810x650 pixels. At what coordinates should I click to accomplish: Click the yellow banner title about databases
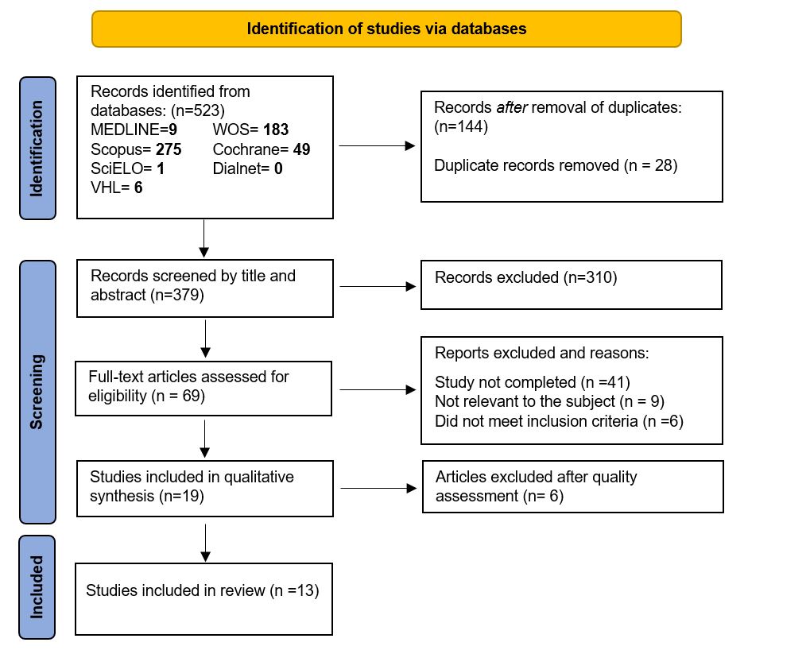click(386, 29)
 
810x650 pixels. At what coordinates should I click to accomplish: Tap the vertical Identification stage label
click(36, 148)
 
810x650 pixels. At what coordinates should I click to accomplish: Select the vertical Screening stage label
click(36, 392)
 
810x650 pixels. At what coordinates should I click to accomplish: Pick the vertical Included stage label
click(36, 587)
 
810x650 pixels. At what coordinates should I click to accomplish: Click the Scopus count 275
click(169, 149)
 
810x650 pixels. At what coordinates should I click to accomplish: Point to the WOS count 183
click(276, 130)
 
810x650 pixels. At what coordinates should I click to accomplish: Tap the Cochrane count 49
click(302, 149)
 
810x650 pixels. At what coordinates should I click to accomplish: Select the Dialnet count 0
click(278, 168)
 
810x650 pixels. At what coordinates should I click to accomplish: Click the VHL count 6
click(138, 188)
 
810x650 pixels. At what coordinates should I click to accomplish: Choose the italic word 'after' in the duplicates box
click(512, 107)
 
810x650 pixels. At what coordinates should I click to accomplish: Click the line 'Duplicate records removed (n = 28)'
click(556, 165)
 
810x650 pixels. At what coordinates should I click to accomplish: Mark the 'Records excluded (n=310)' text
click(526, 277)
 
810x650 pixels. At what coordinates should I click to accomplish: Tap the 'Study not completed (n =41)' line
click(533, 382)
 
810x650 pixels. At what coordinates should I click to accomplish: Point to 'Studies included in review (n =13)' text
click(203, 590)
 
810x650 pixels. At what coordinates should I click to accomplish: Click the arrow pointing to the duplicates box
click(377, 145)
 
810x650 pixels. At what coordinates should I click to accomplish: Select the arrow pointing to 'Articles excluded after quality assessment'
click(378, 488)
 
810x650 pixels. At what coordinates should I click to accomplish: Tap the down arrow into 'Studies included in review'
click(205, 544)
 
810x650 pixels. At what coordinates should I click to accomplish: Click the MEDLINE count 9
click(172, 130)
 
